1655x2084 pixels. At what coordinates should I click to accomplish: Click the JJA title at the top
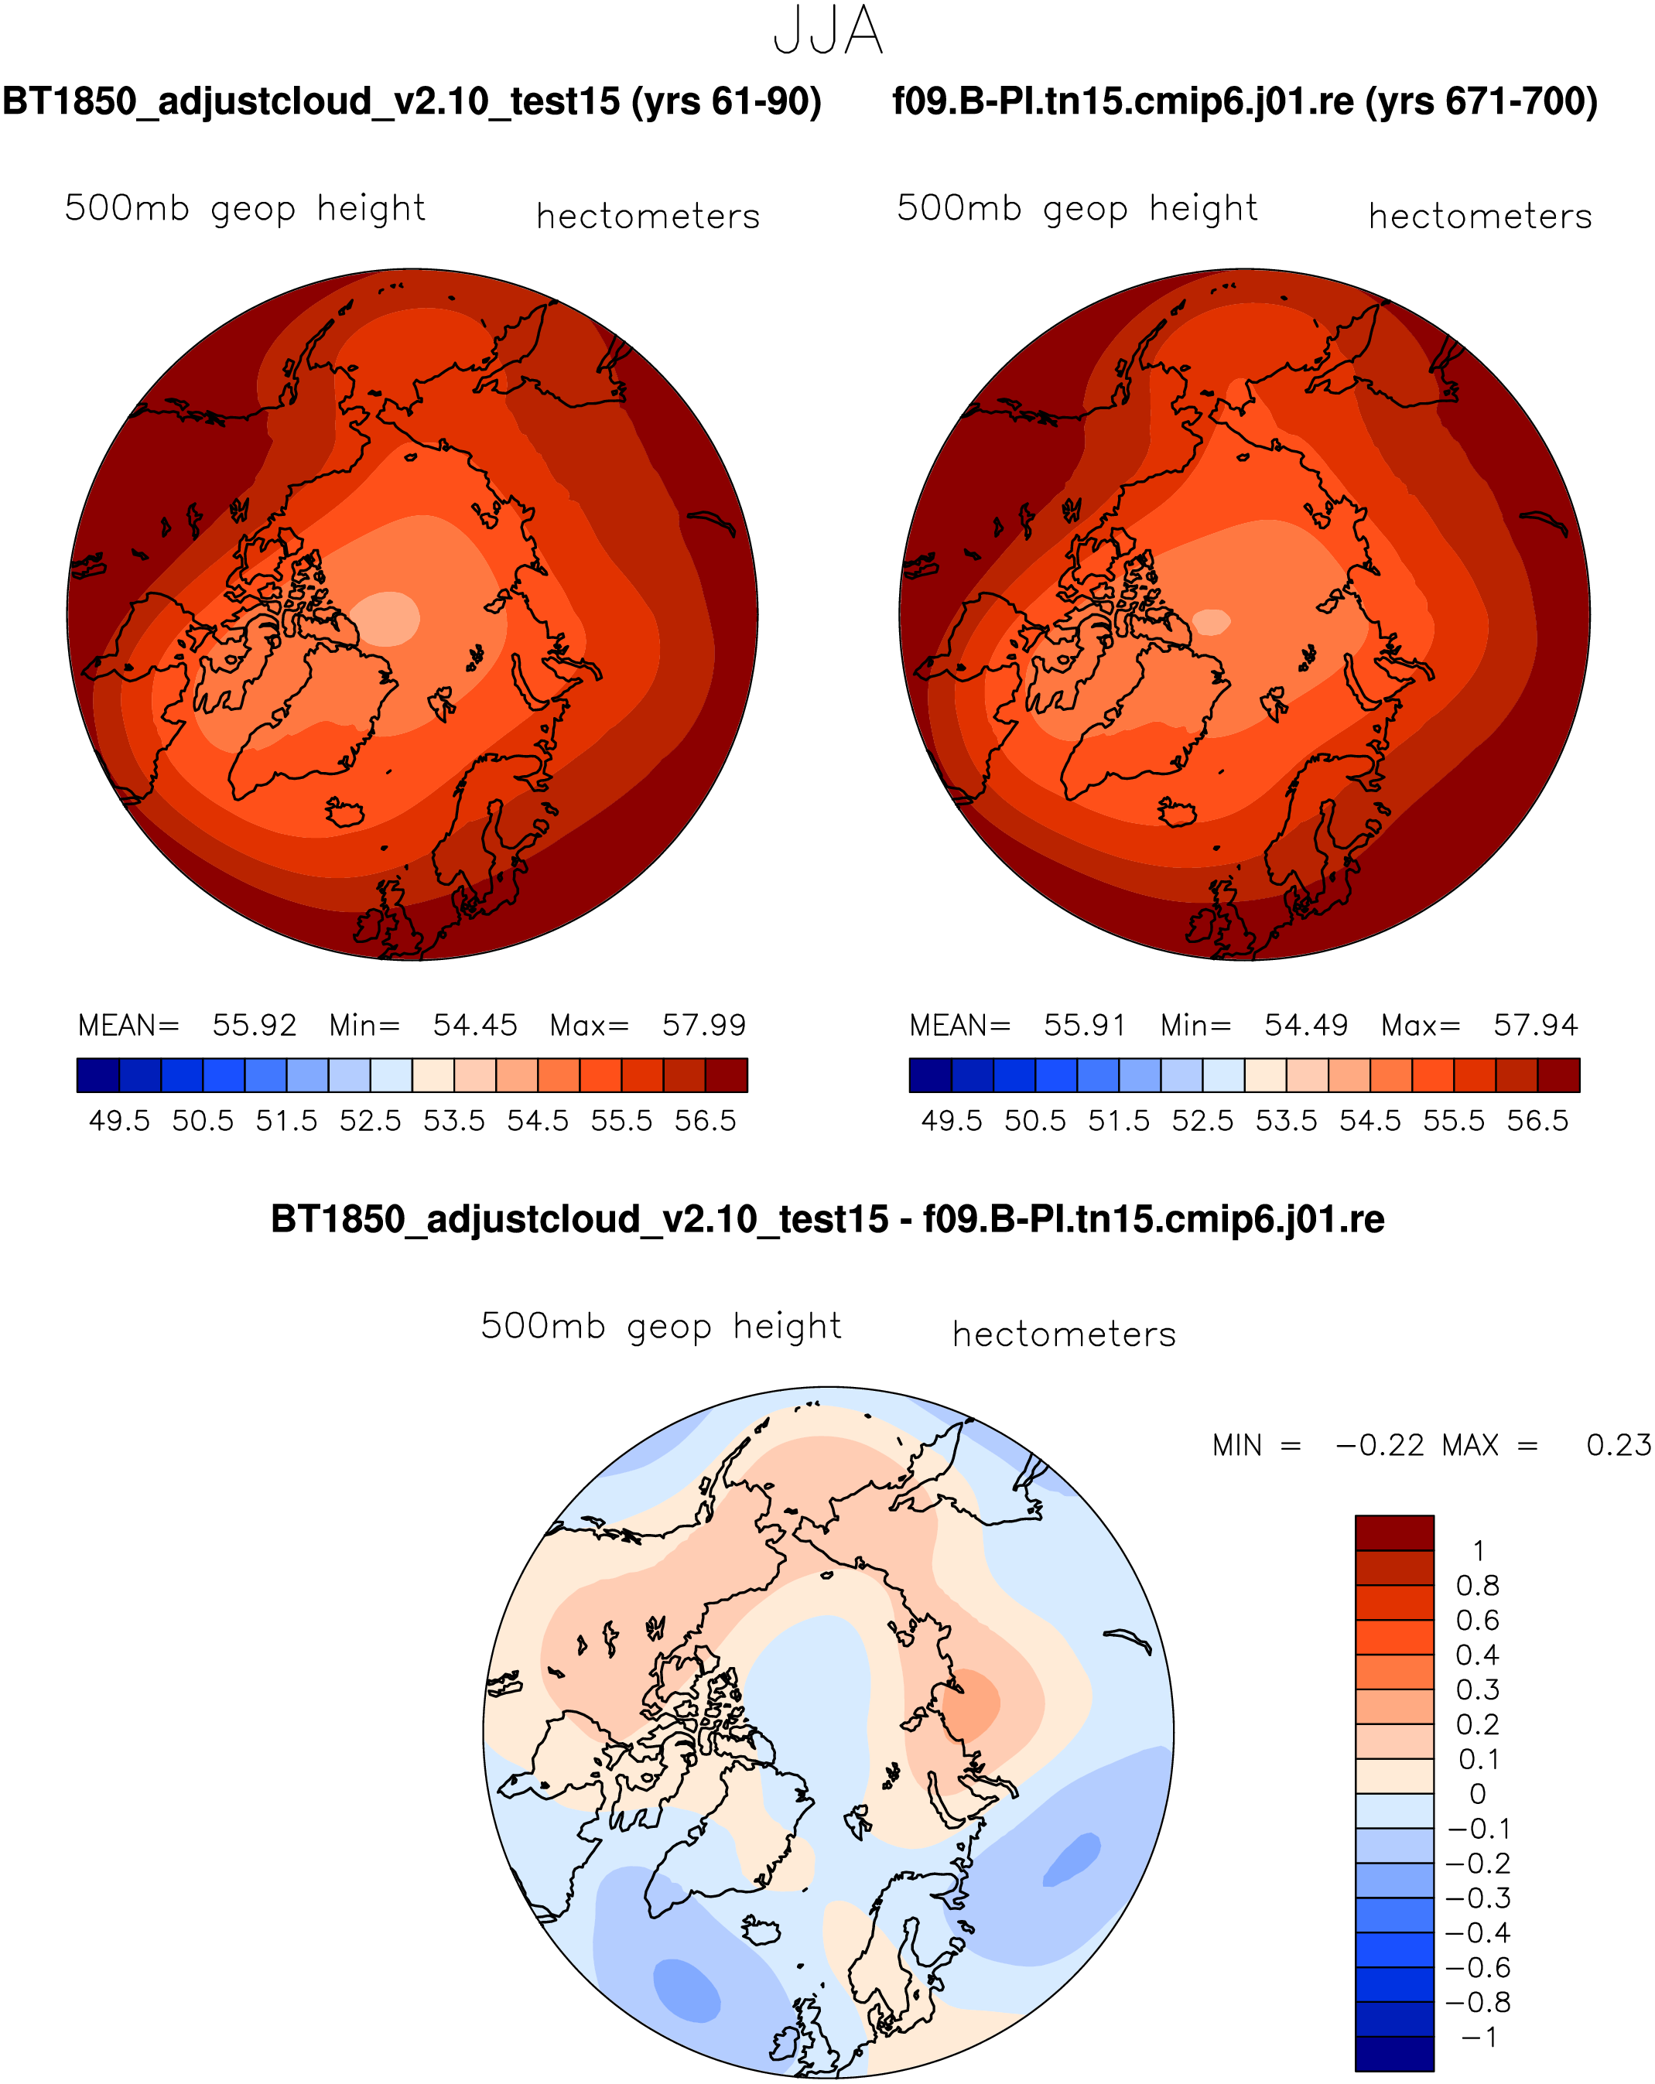coord(828,30)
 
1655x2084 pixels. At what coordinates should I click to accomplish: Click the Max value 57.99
coord(704,1025)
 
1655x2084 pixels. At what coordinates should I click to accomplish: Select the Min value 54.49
coord(1306,1025)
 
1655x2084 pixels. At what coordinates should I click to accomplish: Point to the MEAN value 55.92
coord(255,1025)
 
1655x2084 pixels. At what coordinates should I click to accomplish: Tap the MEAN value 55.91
coord(1085,1025)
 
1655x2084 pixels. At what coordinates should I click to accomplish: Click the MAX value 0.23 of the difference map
coord(1619,1445)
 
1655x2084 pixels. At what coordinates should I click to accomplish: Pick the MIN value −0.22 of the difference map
coord(1380,1445)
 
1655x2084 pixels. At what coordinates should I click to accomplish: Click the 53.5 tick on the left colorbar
coord(454,1121)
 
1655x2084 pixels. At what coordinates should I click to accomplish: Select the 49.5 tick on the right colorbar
coord(951,1121)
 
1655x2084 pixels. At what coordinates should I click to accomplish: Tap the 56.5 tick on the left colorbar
coord(706,1121)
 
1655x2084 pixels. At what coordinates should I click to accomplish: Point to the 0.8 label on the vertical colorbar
coord(1477,1585)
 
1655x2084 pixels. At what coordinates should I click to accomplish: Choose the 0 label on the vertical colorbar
coord(1478,1794)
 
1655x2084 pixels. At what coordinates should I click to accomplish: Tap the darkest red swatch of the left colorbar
coord(726,1074)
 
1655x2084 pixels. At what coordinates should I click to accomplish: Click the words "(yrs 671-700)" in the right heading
coord(1481,101)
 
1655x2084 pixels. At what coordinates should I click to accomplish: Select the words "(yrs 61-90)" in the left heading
coord(726,101)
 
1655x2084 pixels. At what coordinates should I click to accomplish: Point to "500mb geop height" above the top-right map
coord(1077,209)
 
